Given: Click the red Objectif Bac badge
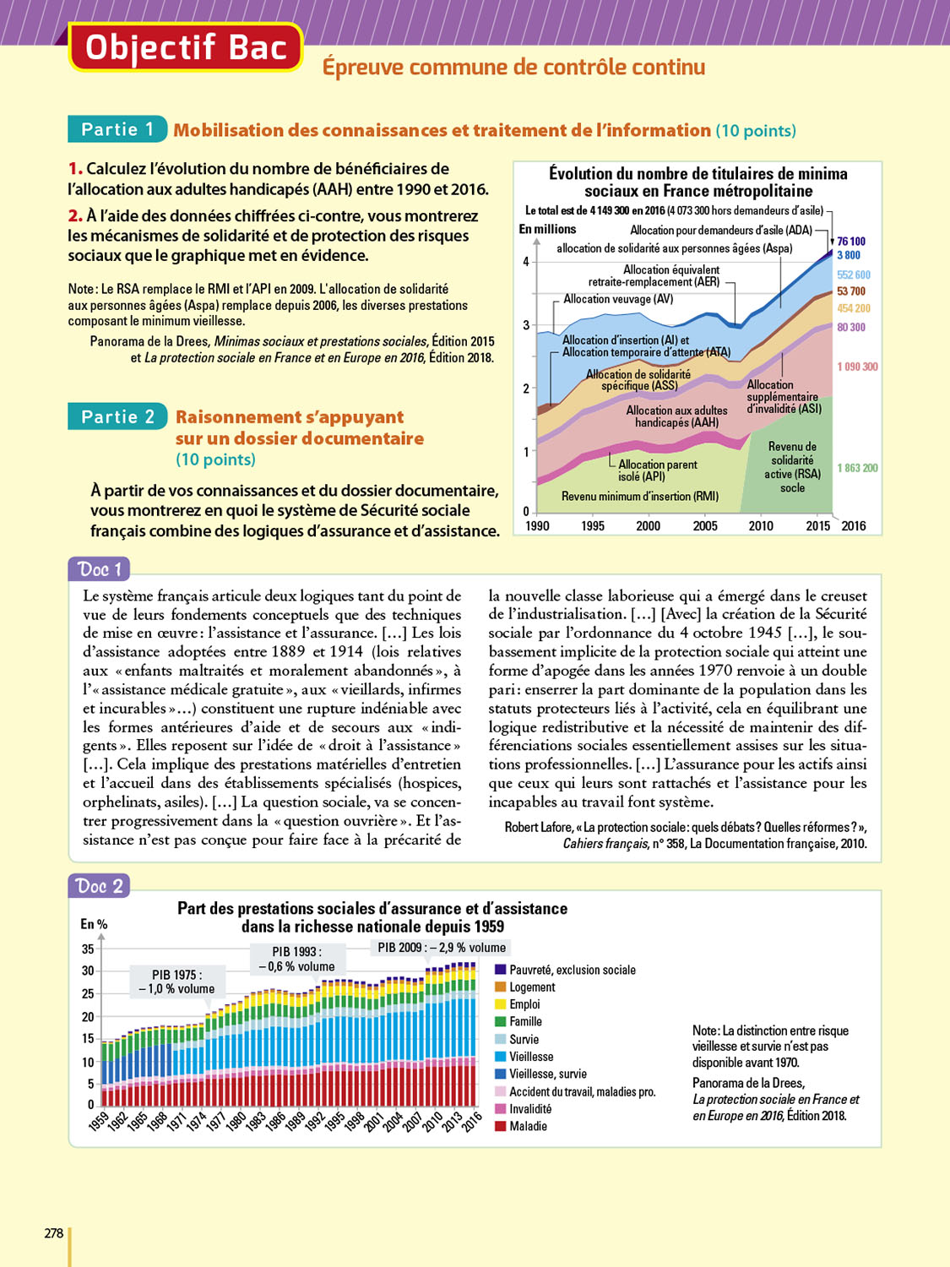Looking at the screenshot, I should point(186,47).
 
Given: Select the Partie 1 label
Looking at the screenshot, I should point(117,129).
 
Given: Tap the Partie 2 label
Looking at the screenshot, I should point(117,416).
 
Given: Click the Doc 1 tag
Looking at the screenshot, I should point(100,569).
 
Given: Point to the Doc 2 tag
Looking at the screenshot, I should point(100,886).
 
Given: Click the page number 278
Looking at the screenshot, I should point(54,1233).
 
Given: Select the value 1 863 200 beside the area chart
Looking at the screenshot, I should point(857,468).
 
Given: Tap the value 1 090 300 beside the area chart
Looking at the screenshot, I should point(857,367).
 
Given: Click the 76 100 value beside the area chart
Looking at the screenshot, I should point(851,242).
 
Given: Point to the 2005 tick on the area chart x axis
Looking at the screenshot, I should point(705,526).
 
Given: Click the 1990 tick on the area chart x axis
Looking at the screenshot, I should point(537,526).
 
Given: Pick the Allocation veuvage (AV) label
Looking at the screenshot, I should point(618,299).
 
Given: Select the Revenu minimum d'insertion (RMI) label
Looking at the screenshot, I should point(640,497).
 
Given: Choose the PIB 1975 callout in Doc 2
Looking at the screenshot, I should point(176,982).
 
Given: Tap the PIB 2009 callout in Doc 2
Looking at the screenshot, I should point(442,948).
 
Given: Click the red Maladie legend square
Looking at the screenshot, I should point(501,1126).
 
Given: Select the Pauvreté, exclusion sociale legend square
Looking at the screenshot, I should point(501,970).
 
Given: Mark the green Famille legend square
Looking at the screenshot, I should point(501,1022).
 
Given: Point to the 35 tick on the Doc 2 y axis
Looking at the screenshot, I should point(88,949).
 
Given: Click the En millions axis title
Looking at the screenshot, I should point(547,230).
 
